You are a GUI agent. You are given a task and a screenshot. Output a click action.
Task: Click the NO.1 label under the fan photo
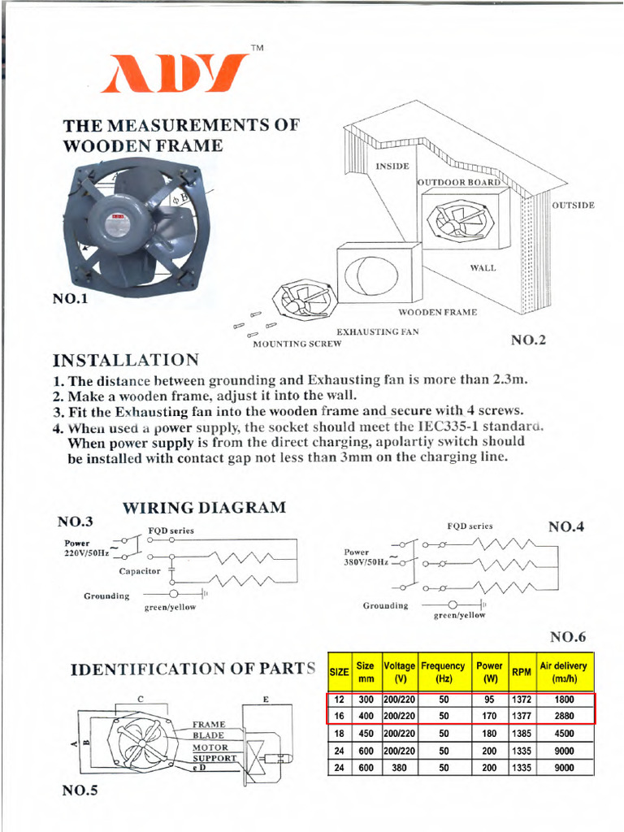(x=70, y=299)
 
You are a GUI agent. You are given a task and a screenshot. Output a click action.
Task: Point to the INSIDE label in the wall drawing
(x=392, y=166)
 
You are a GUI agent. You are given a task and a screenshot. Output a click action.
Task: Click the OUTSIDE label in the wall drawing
(x=573, y=205)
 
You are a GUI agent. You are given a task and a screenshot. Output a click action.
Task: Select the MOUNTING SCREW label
(x=297, y=344)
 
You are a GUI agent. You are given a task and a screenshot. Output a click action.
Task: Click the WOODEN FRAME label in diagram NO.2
(x=437, y=312)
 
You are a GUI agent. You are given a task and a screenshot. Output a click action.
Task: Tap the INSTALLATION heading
(x=125, y=360)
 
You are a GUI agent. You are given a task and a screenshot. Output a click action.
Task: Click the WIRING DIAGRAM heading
(x=204, y=508)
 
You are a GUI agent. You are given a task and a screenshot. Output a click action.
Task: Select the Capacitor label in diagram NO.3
(x=141, y=571)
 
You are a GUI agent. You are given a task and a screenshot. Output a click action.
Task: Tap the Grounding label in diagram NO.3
(x=106, y=596)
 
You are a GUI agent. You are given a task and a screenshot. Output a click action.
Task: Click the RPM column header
(x=521, y=672)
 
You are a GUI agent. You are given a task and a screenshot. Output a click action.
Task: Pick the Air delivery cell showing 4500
(x=565, y=733)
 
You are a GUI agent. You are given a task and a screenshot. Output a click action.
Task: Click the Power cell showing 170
(x=489, y=716)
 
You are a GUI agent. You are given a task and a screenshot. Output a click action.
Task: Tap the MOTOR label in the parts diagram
(x=210, y=747)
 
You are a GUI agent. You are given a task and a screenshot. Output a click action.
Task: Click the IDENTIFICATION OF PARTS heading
(x=193, y=669)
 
